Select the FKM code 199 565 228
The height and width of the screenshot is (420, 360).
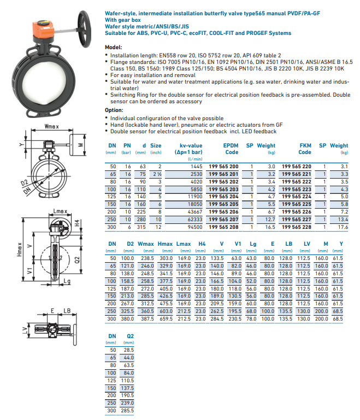297,227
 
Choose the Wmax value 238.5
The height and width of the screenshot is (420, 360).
146,257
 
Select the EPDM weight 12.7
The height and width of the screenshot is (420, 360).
269,219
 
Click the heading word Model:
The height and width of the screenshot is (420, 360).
114,48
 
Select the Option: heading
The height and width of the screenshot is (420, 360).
115,110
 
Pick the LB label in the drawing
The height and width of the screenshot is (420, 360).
67,311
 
